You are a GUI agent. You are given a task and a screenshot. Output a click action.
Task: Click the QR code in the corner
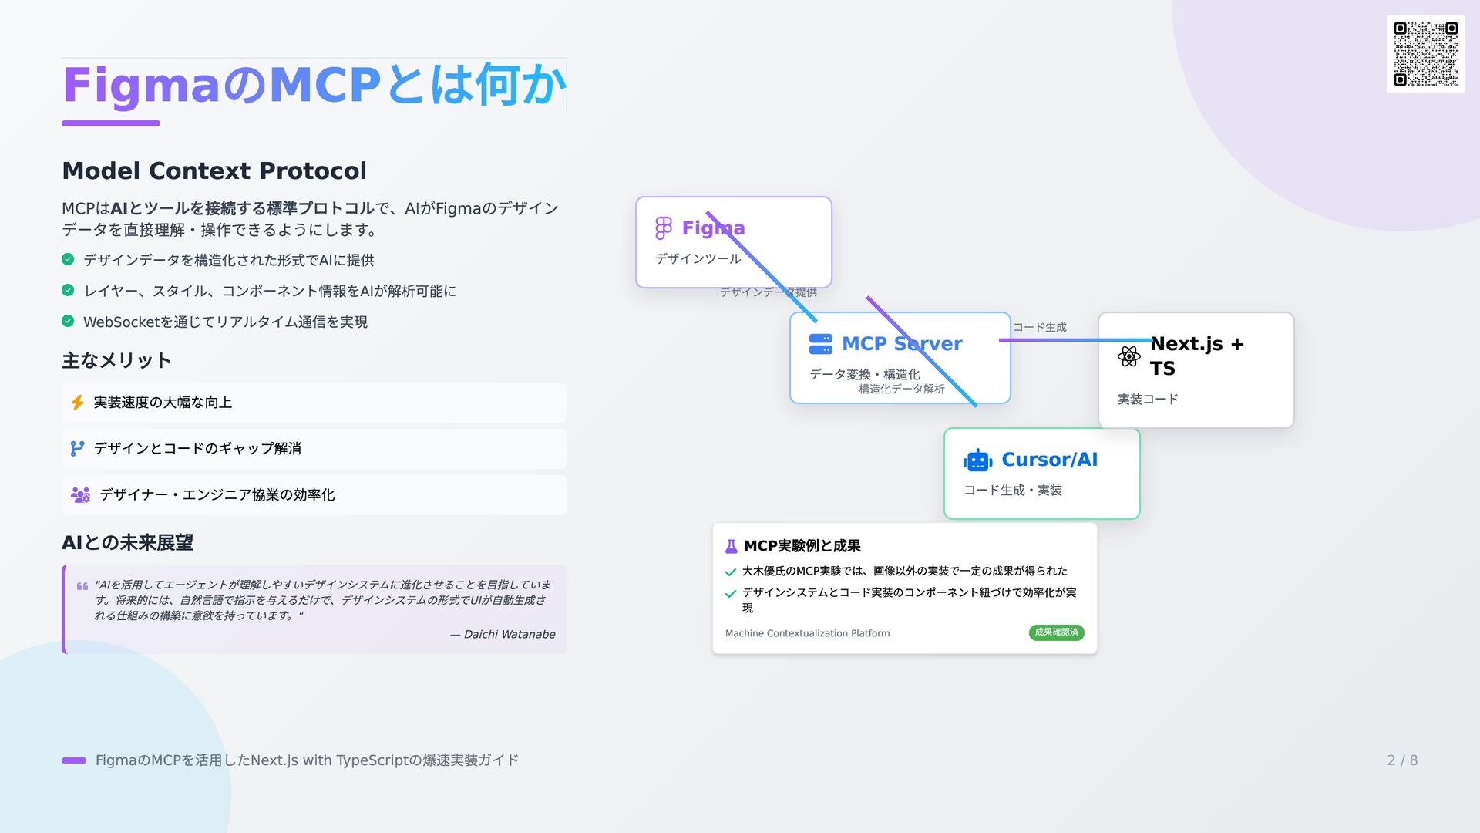(1425, 54)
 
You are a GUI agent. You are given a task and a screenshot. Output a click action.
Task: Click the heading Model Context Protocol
(214, 170)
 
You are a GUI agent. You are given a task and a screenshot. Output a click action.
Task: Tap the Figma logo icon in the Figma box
(663, 228)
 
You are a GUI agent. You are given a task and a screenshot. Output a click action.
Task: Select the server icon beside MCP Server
(820, 344)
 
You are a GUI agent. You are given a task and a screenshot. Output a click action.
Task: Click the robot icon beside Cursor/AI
(977, 460)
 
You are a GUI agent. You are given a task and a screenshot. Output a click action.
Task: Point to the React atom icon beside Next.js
(1128, 356)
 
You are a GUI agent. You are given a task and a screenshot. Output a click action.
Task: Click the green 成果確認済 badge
(1056, 632)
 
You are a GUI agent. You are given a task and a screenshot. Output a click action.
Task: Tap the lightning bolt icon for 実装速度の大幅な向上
(78, 403)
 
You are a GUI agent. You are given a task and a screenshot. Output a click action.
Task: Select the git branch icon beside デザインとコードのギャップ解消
(77, 449)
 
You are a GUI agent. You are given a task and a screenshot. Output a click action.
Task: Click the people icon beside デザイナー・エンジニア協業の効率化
(80, 495)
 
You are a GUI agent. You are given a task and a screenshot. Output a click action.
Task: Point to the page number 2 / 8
(1402, 760)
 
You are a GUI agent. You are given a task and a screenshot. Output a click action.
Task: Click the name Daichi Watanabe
(509, 634)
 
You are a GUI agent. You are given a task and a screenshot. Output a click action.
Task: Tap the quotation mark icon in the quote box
(82, 586)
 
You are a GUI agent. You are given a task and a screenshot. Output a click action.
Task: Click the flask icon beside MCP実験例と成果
(731, 547)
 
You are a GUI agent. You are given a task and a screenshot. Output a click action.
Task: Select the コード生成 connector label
(1039, 327)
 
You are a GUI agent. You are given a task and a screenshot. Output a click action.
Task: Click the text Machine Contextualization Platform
(807, 633)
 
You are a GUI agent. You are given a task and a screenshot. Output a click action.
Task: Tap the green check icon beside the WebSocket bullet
(68, 321)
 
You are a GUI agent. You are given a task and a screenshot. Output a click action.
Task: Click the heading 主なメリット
(116, 360)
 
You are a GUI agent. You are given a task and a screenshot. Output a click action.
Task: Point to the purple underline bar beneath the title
(111, 123)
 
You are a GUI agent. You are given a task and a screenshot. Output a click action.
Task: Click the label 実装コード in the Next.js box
(1148, 399)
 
